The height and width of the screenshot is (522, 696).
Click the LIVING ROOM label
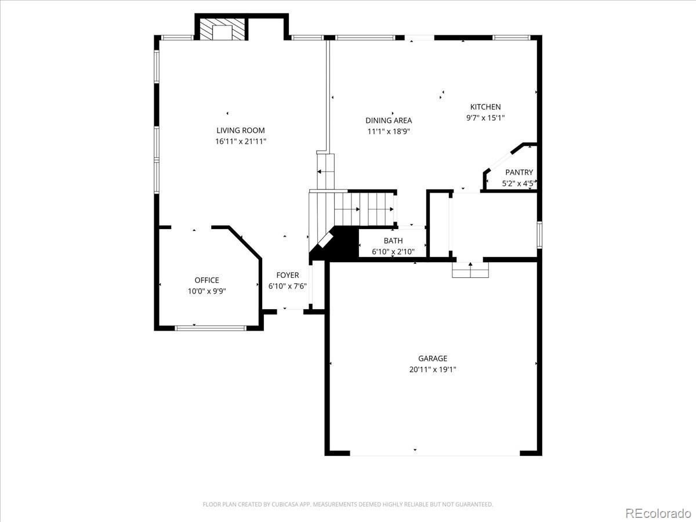[x=240, y=130]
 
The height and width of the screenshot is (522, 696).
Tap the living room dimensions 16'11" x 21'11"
[x=241, y=142]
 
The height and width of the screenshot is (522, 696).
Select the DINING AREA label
[x=389, y=121]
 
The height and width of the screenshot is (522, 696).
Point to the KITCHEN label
[x=485, y=107]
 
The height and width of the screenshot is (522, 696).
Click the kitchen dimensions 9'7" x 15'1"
[x=485, y=118]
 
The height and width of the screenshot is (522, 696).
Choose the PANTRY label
[x=519, y=172]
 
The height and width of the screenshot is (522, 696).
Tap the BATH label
[x=393, y=241]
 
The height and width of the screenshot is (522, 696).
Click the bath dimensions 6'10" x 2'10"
[x=393, y=252]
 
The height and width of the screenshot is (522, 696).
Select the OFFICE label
[x=206, y=280]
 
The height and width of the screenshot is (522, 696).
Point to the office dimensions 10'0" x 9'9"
[x=206, y=291]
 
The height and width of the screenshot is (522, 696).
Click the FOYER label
[x=288, y=275]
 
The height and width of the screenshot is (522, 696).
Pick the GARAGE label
[x=433, y=358]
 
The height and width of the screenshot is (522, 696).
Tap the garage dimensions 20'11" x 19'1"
[x=433, y=369]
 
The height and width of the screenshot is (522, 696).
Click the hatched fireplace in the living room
[x=222, y=29]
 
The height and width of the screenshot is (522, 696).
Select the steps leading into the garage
[x=470, y=270]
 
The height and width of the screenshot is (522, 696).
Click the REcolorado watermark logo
[x=658, y=513]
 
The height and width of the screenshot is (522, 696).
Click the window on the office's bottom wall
[x=211, y=328]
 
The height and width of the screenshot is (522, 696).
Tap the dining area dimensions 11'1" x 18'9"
[x=389, y=131]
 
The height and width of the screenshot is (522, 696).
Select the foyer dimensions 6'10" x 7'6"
[x=288, y=286]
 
